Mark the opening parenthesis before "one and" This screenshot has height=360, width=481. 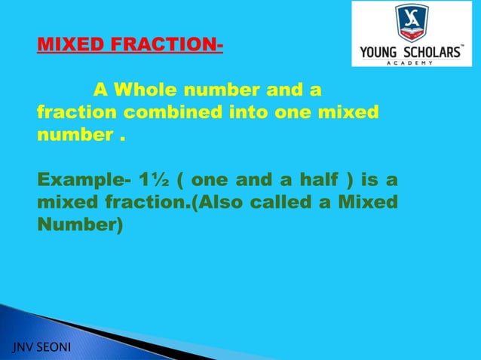pos(182,182)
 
